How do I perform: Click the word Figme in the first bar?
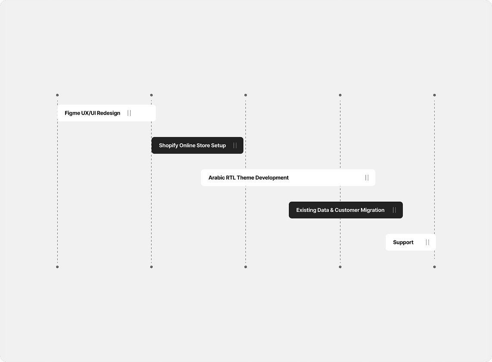click(72, 113)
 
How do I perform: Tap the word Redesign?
click(109, 113)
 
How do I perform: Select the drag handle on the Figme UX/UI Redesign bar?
click(129, 113)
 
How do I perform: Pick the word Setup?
click(218, 146)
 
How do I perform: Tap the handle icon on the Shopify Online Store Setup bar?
click(235, 145)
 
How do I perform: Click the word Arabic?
click(216, 178)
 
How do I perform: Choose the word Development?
click(272, 178)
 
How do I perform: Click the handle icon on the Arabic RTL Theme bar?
click(367, 178)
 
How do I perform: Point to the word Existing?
click(306, 210)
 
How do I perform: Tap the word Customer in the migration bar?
click(347, 210)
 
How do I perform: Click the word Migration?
click(373, 210)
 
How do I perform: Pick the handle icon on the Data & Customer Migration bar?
click(395, 210)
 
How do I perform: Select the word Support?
click(403, 243)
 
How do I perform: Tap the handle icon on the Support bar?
click(427, 242)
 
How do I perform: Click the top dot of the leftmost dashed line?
click(57, 95)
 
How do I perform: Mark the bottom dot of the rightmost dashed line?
click(435, 267)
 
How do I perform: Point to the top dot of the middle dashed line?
click(246, 95)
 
